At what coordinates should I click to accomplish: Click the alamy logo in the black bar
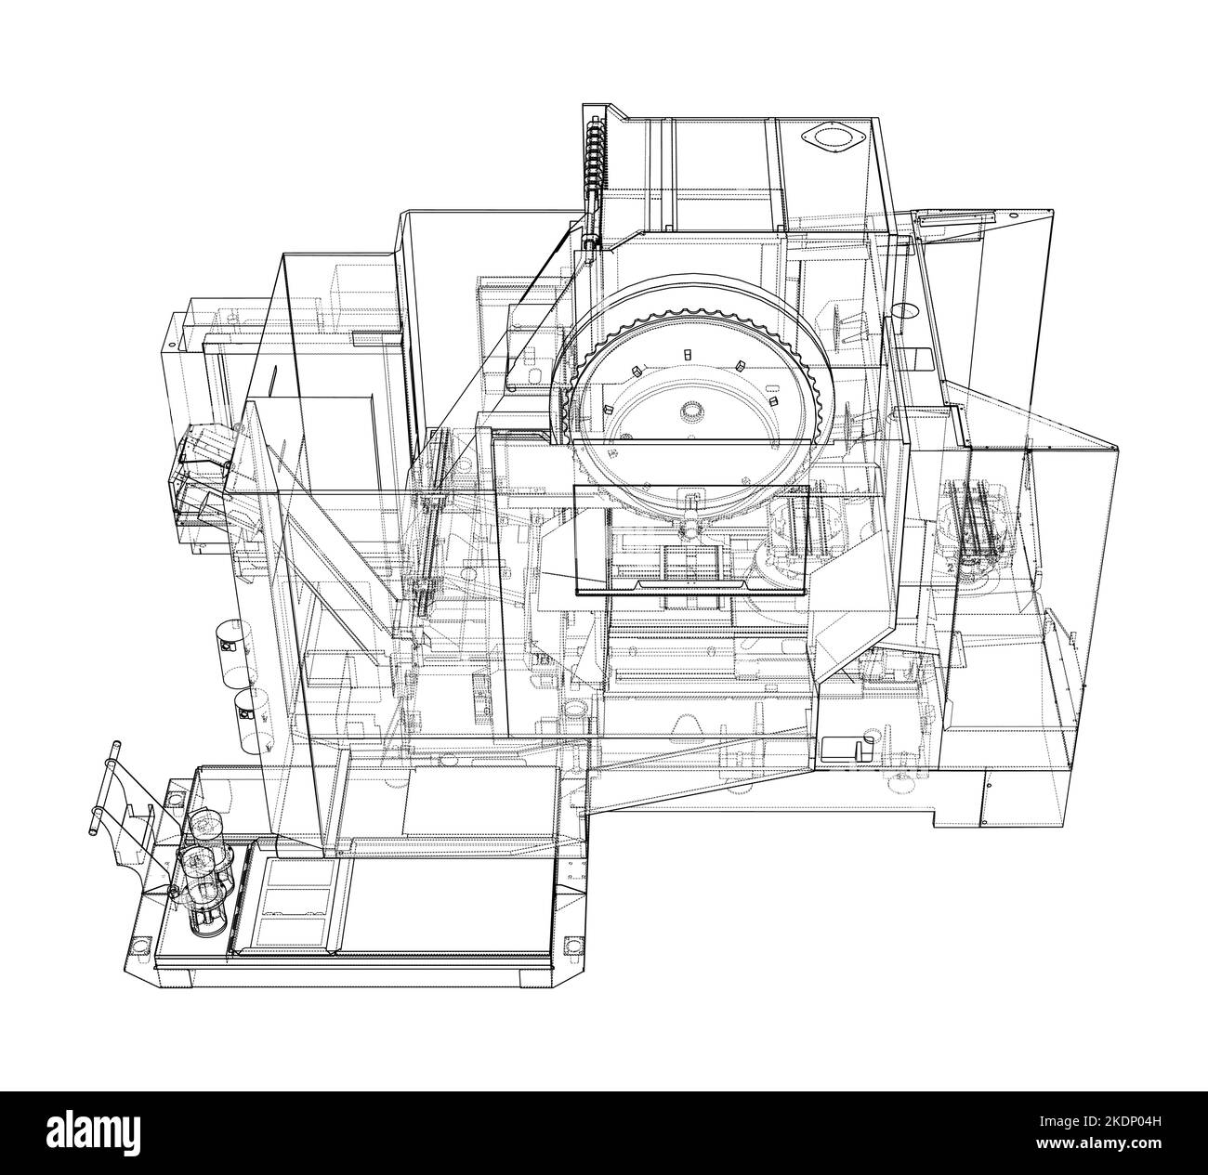point(102,1132)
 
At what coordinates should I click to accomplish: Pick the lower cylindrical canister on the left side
point(248,711)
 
